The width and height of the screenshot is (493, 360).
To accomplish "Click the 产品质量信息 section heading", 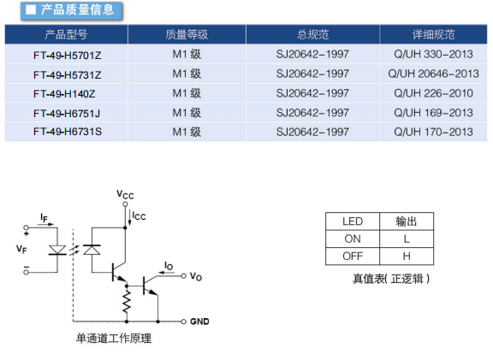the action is pos(77,10).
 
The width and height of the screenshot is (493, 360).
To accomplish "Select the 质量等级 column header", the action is pos(187,34).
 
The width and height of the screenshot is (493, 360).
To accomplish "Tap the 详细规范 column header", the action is pos(433,34).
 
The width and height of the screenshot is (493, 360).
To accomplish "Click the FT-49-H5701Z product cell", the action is pos(68,56).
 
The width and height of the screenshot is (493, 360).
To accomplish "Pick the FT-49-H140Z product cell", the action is pos(64,94).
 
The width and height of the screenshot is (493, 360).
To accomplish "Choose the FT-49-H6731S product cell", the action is pos(68,132).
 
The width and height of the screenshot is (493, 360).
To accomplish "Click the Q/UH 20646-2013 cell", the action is pos(433,74).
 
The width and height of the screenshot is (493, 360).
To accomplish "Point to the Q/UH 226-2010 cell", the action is pos(433,93).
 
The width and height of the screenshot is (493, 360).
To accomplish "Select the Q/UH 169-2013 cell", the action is pos(433,113).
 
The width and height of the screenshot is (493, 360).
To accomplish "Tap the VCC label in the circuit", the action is pos(125,194).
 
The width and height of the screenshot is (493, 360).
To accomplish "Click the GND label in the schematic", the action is pos(199,322).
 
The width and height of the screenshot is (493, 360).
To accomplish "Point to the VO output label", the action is pos(196,276).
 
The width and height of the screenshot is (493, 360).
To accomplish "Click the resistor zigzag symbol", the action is pos(127,301).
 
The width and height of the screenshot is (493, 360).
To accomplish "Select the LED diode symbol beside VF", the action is pos(57,251).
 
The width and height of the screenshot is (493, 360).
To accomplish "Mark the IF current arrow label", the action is pos(44,218).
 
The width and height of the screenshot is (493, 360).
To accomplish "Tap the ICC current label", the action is pos(139,215).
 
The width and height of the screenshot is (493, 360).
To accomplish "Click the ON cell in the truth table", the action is pos(353,239).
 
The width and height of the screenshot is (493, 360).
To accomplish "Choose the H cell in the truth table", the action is pos(407,257).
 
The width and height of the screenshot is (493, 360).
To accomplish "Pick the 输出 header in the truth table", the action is pos(407,221).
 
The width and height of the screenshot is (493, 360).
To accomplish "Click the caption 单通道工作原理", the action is pos(114,339).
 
